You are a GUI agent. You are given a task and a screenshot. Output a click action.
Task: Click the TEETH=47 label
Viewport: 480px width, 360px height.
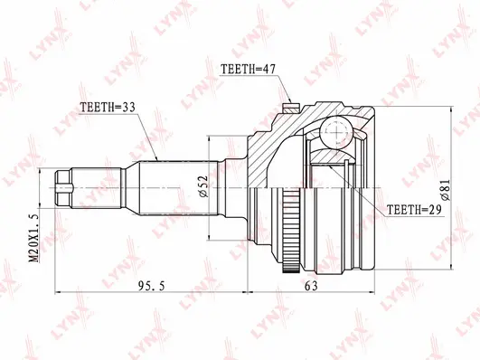click(249, 69)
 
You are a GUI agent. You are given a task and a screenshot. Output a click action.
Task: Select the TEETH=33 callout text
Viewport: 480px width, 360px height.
click(109, 108)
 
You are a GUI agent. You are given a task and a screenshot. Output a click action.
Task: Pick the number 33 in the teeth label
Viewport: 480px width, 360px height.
click(131, 108)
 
